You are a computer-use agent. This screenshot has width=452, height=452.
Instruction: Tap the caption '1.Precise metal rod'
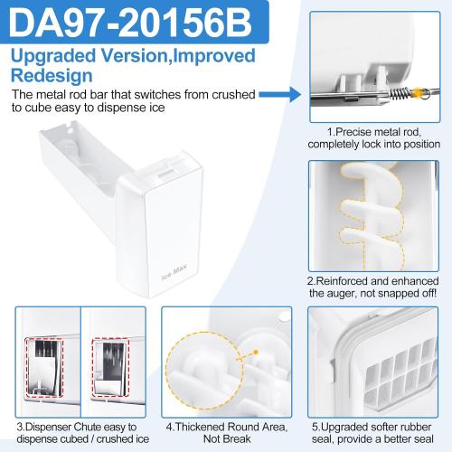point(373,131)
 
